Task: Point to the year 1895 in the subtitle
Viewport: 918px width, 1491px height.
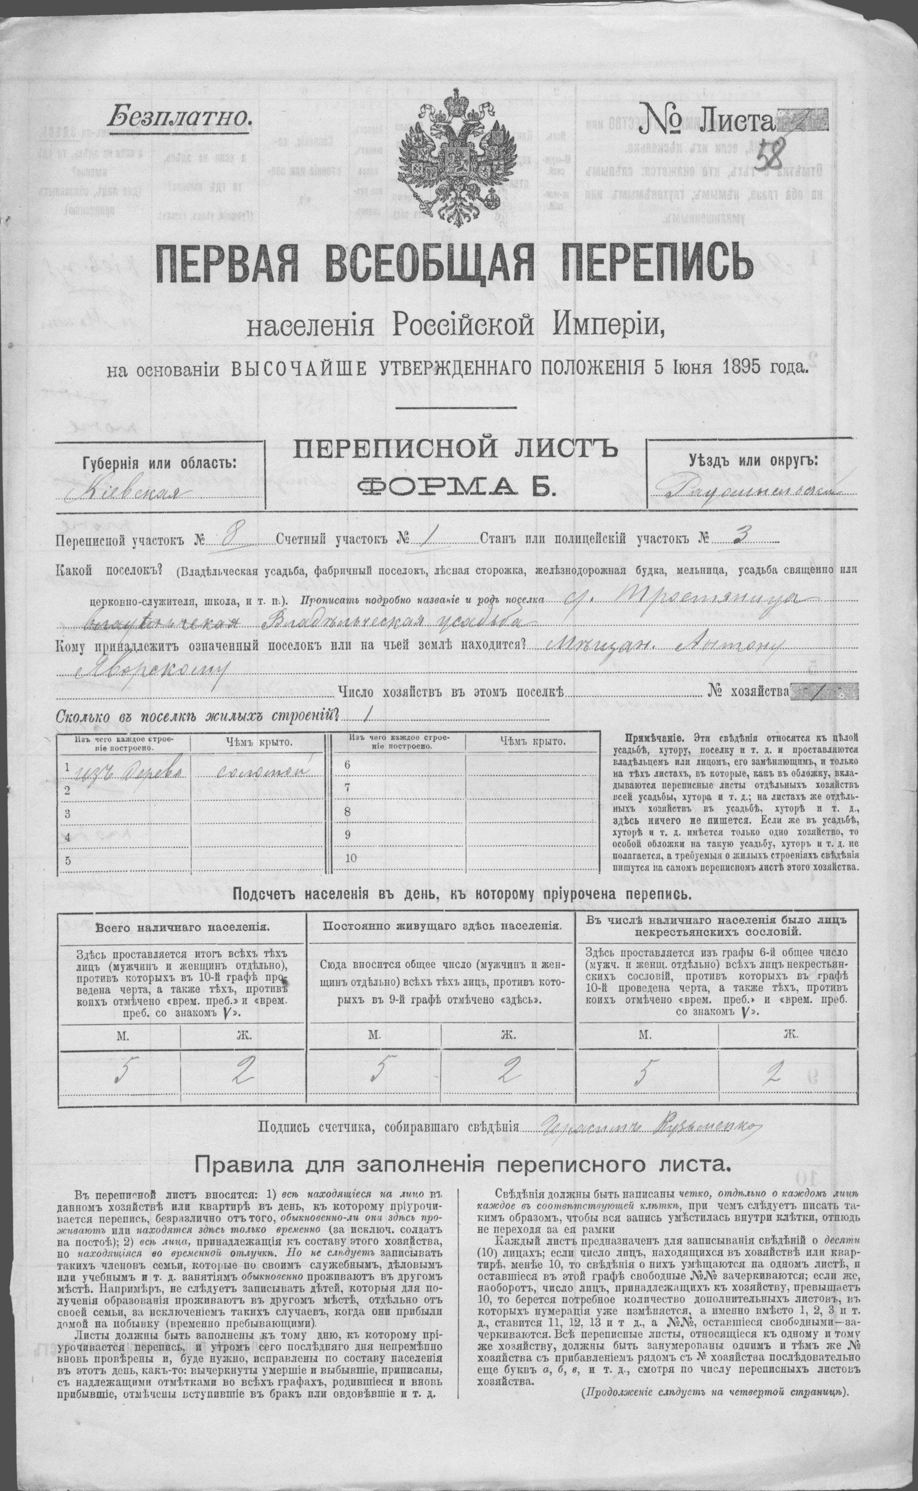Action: pyautogui.click(x=747, y=367)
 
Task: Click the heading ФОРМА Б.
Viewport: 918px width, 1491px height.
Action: pyautogui.click(x=456, y=486)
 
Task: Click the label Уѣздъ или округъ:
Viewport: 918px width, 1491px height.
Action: pyautogui.click(x=753, y=460)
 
